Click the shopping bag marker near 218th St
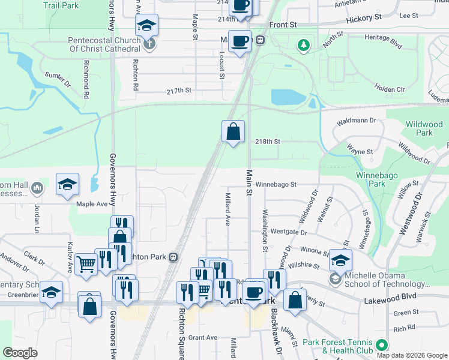pos(233,131)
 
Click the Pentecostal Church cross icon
pos(149,43)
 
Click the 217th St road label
pos(179,91)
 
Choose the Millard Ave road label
pos(228,209)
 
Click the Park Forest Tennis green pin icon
pos(380,346)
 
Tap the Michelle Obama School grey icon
pos(334,279)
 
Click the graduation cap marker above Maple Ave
pos(68,184)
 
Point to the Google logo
pos(20,353)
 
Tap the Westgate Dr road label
pos(289,232)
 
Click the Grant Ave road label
pos(203,337)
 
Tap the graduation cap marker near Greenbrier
pos(52,292)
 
